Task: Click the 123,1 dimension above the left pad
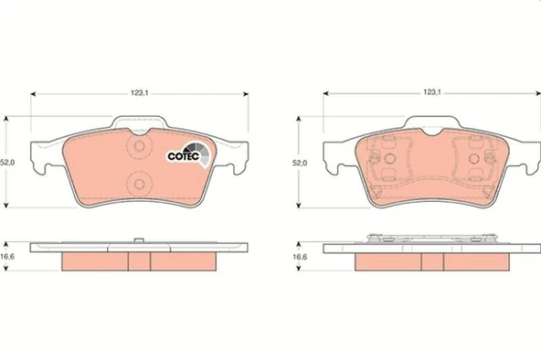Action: click(140, 92)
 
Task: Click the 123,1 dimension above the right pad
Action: click(432, 92)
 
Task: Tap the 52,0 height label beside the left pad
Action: click(8, 162)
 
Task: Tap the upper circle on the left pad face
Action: click(140, 147)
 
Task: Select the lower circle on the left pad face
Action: click(140, 180)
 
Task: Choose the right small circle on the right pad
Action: click(474, 159)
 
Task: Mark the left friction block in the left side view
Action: click(93, 261)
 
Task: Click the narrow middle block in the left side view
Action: click(139, 261)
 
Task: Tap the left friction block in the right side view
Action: click(387, 262)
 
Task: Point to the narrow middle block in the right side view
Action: click(431, 262)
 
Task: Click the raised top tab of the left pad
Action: click(139, 123)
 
